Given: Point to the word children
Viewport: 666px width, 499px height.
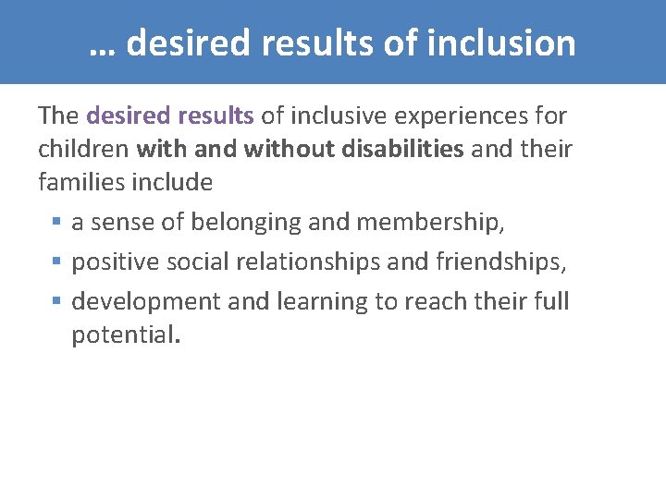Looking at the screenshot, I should tap(83, 149).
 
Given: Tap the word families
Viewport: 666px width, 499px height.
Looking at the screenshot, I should tap(80, 182).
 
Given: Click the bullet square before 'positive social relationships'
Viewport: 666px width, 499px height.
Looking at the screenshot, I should tap(57, 262).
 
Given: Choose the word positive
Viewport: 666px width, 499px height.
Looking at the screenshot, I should tap(117, 262).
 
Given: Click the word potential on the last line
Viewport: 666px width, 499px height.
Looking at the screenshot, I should tap(124, 335).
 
